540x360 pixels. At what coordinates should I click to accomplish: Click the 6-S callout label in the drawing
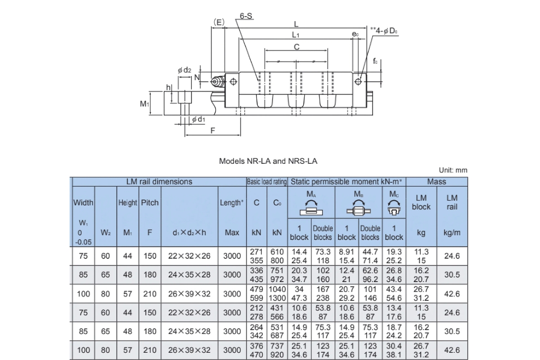246,16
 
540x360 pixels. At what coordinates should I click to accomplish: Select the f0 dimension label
375,61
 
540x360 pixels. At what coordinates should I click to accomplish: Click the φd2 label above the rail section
184,70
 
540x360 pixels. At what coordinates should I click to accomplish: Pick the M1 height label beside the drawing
144,104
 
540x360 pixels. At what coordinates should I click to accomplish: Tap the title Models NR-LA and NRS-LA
268,161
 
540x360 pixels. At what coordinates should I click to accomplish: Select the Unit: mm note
453,170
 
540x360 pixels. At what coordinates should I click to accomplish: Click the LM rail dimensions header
159,182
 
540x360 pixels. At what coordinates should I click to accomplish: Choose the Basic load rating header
266,182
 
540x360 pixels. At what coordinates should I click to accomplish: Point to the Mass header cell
436,182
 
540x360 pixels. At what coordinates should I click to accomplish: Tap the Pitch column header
150,202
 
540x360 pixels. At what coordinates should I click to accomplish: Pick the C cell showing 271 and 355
256,256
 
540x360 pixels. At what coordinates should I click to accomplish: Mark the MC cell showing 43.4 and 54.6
394,294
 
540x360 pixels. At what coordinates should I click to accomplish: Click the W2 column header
105,233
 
